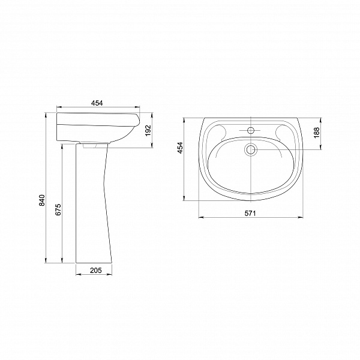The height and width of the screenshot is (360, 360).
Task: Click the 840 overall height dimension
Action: click(42, 200)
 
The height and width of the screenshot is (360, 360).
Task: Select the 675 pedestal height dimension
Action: click(58, 209)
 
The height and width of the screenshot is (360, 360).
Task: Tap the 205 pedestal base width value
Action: click(95, 271)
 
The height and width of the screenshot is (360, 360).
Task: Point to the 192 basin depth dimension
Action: click(149, 130)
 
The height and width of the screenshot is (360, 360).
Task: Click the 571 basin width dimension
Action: click(250, 213)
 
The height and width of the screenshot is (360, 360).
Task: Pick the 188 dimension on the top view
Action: click(317, 133)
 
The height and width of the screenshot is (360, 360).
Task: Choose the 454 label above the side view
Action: click(97, 103)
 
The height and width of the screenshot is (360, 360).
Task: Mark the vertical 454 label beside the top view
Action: click(181, 148)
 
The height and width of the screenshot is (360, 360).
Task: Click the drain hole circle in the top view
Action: click(251, 149)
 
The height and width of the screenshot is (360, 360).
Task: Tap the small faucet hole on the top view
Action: click(251, 131)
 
